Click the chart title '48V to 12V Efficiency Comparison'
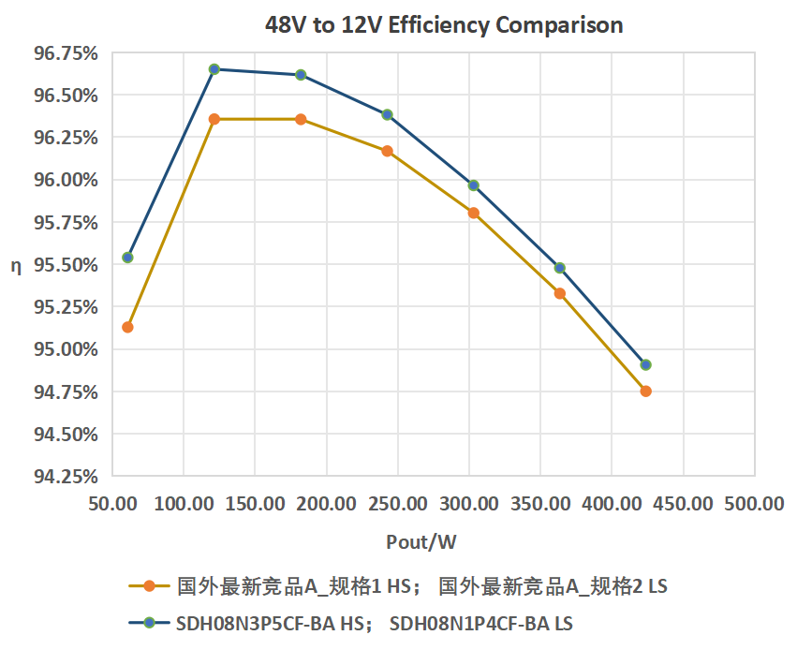[444, 25]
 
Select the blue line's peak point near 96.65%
[214, 69]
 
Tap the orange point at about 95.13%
[127, 327]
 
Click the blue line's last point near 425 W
[645, 364]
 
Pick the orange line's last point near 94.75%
[645, 391]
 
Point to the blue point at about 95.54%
[127, 258]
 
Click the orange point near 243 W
[387, 151]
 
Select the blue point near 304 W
[473, 185]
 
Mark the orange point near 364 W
[560, 293]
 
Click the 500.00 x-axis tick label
[755, 504]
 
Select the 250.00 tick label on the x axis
[397, 504]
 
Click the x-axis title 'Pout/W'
[421, 542]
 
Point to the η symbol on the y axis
[15, 266]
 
